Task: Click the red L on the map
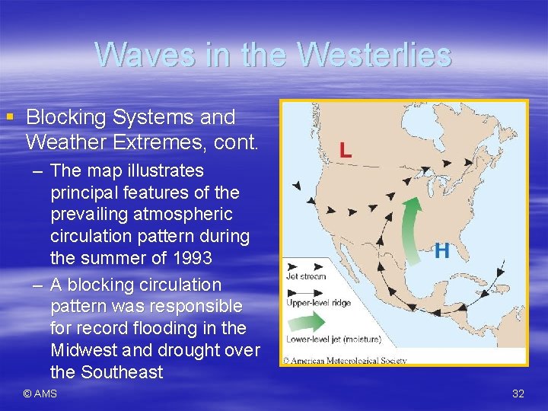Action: click(x=346, y=150)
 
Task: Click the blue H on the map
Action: click(x=441, y=251)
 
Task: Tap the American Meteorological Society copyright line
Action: click(x=345, y=360)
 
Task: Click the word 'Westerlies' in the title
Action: click(x=374, y=55)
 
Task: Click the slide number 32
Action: click(x=518, y=393)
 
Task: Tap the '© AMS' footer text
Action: click(x=40, y=393)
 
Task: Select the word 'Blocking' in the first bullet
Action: click(x=66, y=117)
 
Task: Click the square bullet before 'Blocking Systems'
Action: click(x=10, y=117)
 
